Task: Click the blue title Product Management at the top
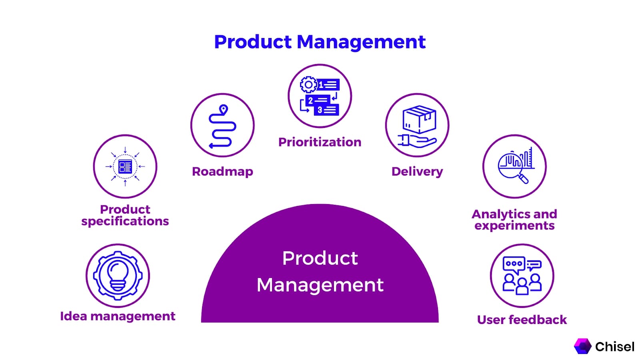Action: pos(320,42)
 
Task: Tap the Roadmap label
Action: pos(222,172)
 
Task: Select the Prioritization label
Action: pos(320,142)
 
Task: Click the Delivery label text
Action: pos(417,172)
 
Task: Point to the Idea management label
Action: pos(118,316)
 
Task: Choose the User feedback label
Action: pos(522,320)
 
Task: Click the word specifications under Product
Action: pos(125,221)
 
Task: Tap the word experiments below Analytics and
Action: pos(514,226)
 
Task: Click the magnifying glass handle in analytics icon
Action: pos(524,178)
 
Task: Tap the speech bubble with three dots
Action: pos(514,264)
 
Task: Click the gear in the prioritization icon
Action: pos(308,85)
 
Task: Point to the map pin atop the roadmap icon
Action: pos(224,109)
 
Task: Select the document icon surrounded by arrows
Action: pos(125,166)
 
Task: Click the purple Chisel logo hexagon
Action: pos(583,346)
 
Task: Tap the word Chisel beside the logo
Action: pos(614,346)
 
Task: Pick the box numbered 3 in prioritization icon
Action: pos(326,110)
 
